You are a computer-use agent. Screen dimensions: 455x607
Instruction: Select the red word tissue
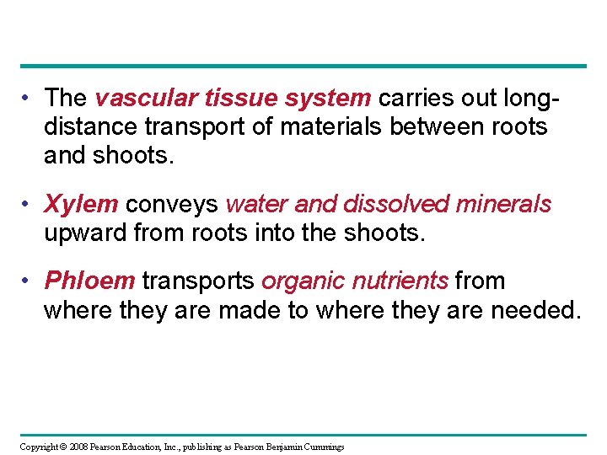[x=226, y=99]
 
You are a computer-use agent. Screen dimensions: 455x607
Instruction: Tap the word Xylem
[x=81, y=205]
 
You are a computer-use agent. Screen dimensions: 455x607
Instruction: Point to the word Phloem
[x=89, y=281]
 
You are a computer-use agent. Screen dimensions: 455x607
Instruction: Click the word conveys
[x=173, y=205]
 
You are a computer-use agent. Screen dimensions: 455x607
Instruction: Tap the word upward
[x=85, y=233]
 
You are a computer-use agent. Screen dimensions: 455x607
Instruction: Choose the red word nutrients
[x=397, y=281]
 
